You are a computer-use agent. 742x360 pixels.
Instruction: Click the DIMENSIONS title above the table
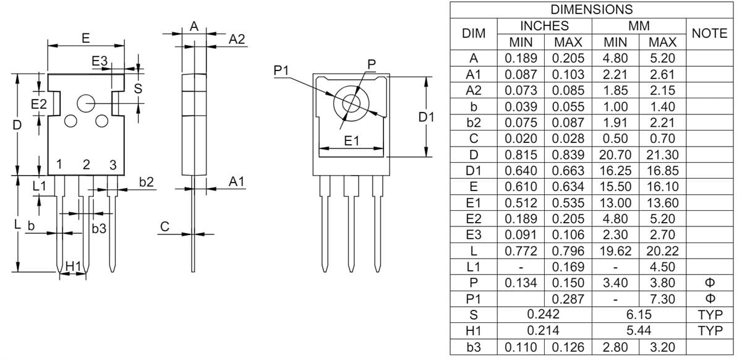point(591,10)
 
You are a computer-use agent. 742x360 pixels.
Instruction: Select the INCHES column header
point(544,26)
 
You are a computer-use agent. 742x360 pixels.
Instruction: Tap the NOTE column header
point(710,34)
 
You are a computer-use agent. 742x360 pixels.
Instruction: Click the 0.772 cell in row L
point(521,251)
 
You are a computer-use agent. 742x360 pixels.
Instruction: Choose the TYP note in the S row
point(710,315)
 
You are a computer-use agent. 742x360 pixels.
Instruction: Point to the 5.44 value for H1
point(639,332)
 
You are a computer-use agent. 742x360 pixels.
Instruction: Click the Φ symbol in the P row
point(710,283)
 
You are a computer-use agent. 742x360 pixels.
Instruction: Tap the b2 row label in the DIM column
point(473,122)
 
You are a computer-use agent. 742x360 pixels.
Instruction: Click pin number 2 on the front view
point(86,165)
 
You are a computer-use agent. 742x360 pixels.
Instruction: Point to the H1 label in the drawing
point(73,265)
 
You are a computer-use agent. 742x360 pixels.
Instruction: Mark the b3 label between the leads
point(99,229)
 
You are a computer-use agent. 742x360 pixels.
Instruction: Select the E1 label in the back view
point(351,142)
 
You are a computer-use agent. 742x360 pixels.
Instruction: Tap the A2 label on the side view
point(237,39)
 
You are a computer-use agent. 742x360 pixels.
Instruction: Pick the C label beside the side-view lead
point(164,227)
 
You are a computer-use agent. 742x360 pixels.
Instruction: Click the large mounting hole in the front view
point(85,104)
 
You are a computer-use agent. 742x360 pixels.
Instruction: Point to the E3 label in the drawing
point(100,61)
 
